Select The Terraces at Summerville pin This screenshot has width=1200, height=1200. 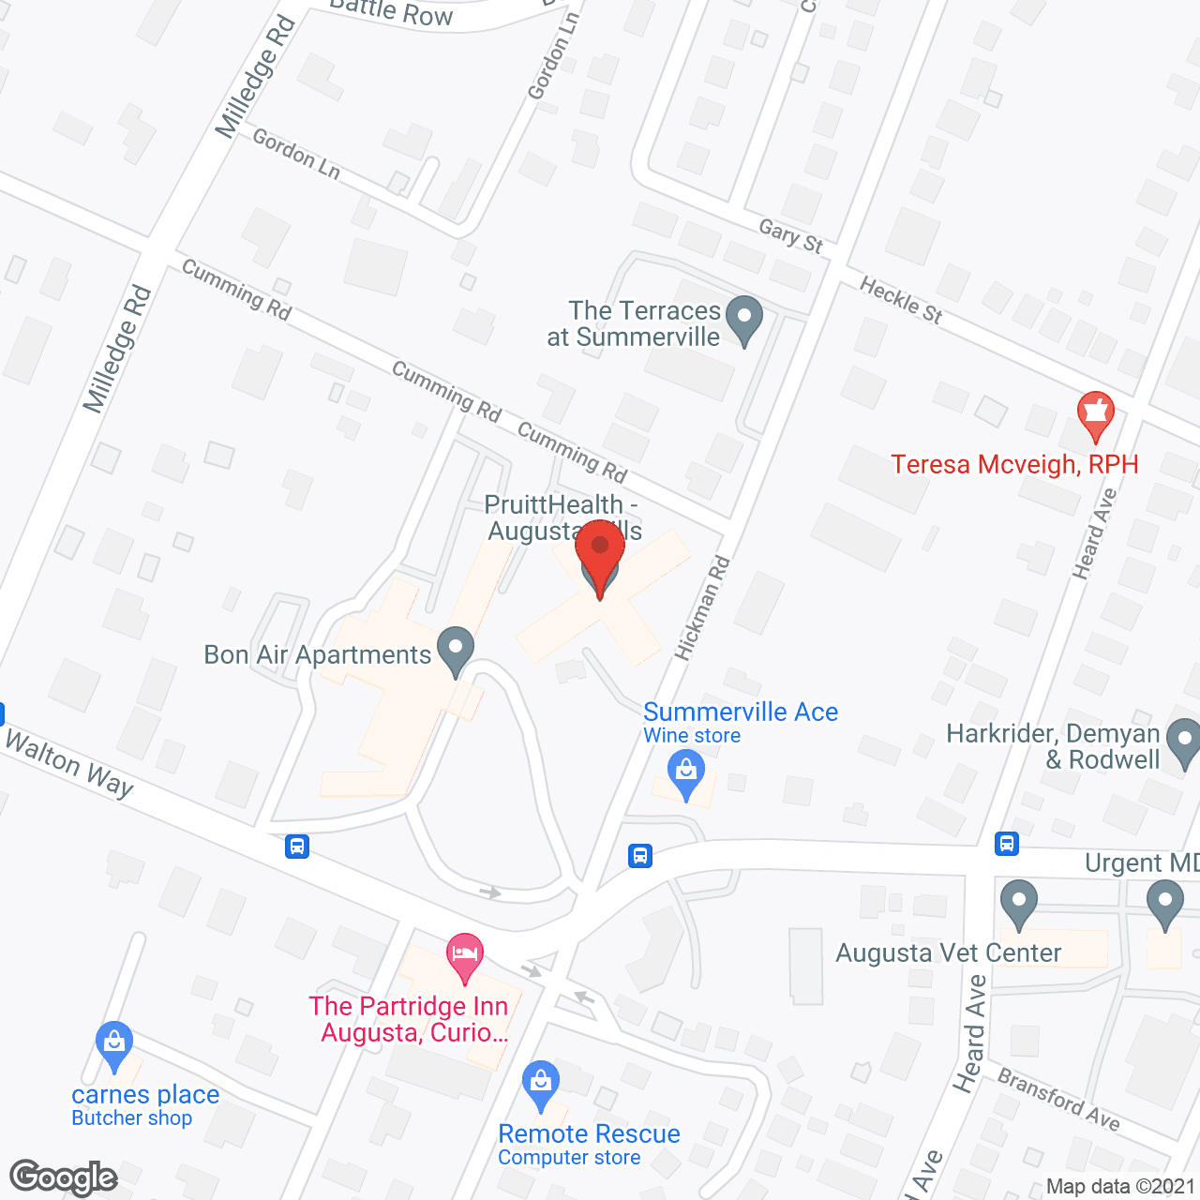tap(744, 319)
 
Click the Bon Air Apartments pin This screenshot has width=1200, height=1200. tap(456, 650)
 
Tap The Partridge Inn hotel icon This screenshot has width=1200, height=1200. tap(465, 957)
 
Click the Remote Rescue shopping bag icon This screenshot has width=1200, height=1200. tap(541, 1084)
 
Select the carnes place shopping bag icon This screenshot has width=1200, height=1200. tap(114, 1044)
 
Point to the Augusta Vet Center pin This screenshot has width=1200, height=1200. tap(1019, 903)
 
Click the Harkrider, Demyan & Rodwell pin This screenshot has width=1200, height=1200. tap(1185, 742)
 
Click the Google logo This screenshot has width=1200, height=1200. tap(64, 1177)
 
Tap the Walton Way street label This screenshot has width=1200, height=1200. tap(69, 763)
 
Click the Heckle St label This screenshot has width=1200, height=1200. tap(901, 300)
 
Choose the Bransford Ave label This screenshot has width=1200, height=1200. tap(1058, 1099)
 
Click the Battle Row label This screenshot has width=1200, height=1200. tap(392, 12)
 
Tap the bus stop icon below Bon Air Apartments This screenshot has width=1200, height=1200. tap(297, 847)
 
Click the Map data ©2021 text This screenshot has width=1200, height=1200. tap(1120, 1186)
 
